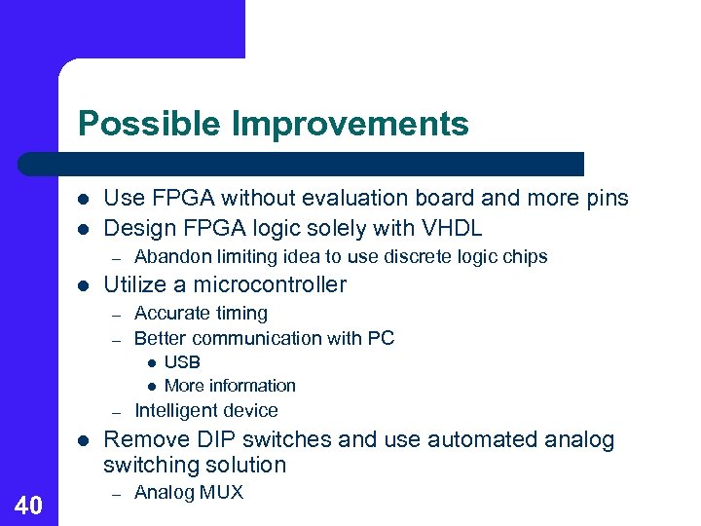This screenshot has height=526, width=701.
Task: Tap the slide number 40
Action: (x=29, y=505)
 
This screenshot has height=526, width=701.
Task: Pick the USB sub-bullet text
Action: (x=182, y=362)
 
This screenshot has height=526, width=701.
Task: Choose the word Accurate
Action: (x=168, y=314)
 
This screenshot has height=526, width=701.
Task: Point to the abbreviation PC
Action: (x=381, y=338)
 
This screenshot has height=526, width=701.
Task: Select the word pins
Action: (x=606, y=199)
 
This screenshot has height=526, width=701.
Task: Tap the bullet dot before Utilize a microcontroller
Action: (x=84, y=285)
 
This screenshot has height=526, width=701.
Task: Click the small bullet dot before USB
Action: (x=151, y=362)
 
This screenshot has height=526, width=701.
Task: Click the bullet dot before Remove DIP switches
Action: (x=84, y=440)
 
